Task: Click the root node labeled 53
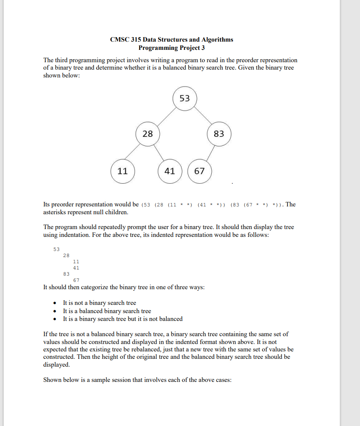pyautogui.click(x=185, y=98)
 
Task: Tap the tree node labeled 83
pyautogui.click(x=219, y=134)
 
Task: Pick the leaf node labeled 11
pyautogui.click(x=123, y=171)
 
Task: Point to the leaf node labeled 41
pyautogui.click(x=170, y=171)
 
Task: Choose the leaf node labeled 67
pyautogui.click(x=199, y=171)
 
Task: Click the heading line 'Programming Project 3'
pyautogui.click(x=171, y=48)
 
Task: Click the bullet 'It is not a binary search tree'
pyautogui.click(x=99, y=303)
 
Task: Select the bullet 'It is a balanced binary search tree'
pyautogui.click(x=107, y=311)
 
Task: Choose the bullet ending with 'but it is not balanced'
pyautogui.click(x=122, y=319)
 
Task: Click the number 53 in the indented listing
pyautogui.click(x=56, y=249)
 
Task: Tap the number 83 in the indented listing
pyautogui.click(x=66, y=273)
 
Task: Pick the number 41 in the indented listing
pyautogui.click(x=76, y=267)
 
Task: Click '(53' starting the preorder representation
pyautogui.click(x=146, y=205)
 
